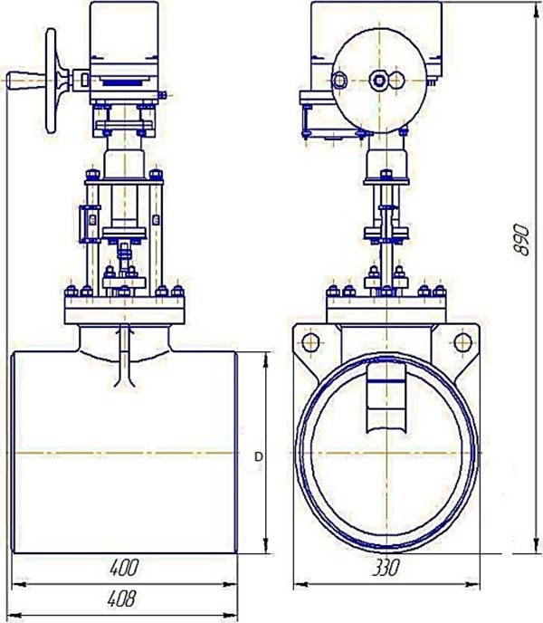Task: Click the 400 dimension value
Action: [124, 568]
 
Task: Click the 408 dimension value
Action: [122, 599]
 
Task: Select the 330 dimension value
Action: [386, 568]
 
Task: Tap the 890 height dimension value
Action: [520, 240]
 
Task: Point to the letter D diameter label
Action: [259, 457]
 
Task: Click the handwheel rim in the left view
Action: [51, 81]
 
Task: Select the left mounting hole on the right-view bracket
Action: [310, 342]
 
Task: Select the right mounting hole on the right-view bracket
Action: [462, 342]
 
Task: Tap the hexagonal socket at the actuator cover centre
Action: [379, 81]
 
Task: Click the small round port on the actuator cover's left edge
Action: [339, 81]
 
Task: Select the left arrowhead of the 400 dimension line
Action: [20, 584]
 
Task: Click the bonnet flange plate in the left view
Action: [124, 311]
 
